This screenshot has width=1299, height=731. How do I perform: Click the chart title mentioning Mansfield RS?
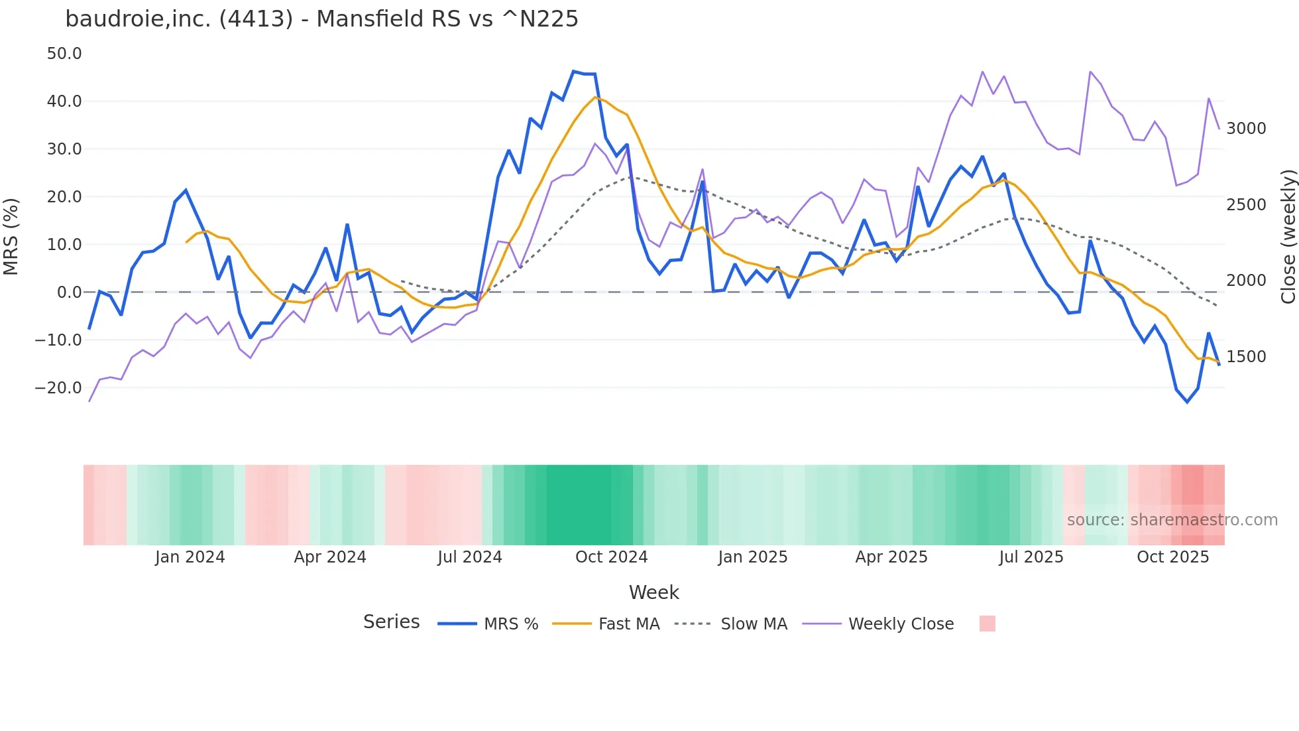[321, 19]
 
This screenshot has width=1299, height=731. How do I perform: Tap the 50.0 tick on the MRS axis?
[64, 54]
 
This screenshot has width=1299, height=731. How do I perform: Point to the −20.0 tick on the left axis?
[58, 388]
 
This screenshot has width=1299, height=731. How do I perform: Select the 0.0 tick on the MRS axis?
[69, 293]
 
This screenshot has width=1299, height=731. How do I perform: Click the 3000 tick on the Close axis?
[1246, 129]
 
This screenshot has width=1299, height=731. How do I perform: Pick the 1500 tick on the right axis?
[1246, 357]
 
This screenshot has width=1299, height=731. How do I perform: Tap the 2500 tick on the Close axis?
[1246, 205]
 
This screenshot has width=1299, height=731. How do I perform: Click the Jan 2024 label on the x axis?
[190, 557]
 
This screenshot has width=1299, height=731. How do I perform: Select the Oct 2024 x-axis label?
[611, 557]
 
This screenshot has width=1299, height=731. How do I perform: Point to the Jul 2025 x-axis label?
[1031, 557]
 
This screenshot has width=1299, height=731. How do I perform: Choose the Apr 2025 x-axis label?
[891, 557]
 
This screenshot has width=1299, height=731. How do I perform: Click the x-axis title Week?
[653, 592]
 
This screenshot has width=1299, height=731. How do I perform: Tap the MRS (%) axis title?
[11, 237]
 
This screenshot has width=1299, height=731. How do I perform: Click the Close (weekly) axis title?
[1288, 237]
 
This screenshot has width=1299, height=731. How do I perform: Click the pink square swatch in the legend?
[987, 624]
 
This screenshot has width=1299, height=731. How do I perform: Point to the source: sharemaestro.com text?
[1172, 520]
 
